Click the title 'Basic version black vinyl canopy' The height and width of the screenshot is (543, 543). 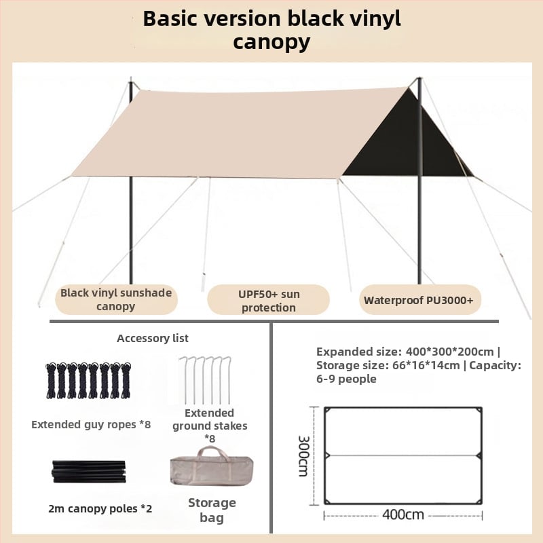tap(271, 30)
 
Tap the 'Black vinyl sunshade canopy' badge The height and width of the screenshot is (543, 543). tap(116, 299)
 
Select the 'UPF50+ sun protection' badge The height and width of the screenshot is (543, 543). tap(268, 301)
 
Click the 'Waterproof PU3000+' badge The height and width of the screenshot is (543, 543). tap(419, 299)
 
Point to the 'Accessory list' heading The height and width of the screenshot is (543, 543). tap(153, 338)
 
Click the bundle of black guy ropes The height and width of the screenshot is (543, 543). tap(87, 380)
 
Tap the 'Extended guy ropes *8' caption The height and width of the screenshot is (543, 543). tap(91, 425)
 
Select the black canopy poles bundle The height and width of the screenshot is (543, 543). tap(88, 471)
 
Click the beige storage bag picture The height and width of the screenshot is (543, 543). tap(212, 468)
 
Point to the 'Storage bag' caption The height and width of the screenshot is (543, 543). tap(212, 510)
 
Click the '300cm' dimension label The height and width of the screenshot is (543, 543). tap(303, 456)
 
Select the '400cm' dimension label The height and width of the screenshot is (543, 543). tap(403, 514)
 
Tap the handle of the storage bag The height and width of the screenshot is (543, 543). tap(212, 453)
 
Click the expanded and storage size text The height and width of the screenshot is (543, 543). tap(418, 365)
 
